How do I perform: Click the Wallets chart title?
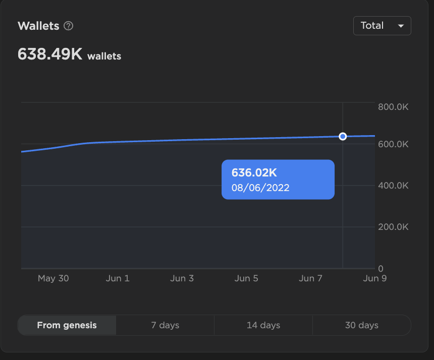coord(38,26)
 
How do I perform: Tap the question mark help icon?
coord(69,26)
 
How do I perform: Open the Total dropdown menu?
coord(382,26)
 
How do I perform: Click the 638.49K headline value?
coord(50,54)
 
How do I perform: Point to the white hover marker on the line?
coord(343,136)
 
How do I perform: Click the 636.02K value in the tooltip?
coord(254,173)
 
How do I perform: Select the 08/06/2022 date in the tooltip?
coord(260,188)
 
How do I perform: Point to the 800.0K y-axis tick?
coord(393,107)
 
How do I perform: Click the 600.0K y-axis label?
coord(393,144)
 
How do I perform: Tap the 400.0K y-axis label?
coord(393,186)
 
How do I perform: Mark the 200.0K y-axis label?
coord(393,227)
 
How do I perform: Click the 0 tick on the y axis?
coord(381,269)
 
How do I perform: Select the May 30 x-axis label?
coord(53,278)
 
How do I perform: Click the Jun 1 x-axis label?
coord(118,278)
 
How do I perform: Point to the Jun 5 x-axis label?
coord(246,278)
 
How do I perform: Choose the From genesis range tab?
coord(67,325)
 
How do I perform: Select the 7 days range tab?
coord(165,325)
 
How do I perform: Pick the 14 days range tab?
coord(263,325)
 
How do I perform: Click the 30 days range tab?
coord(361,325)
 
